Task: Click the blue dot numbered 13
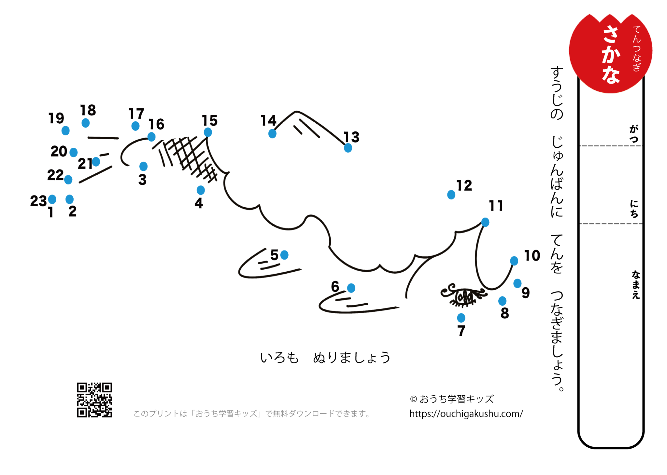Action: [348, 148]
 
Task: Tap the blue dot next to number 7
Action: [461, 318]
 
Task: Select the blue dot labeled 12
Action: [451, 195]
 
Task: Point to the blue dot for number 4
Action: [201, 190]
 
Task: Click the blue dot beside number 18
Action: [85, 123]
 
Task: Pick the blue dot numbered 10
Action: [514, 261]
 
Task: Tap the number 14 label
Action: [268, 121]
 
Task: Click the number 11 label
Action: [496, 206]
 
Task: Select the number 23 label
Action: [38, 201]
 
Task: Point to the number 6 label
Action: [335, 287]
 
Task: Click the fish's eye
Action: [464, 296]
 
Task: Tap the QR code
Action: [94, 400]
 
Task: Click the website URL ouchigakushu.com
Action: [466, 414]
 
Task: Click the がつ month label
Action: [634, 134]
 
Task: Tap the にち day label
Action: [634, 209]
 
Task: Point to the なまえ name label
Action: [636, 285]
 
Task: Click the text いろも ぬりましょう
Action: [325, 358]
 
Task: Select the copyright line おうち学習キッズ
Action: [452, 399]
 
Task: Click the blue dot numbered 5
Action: [284, 255]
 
